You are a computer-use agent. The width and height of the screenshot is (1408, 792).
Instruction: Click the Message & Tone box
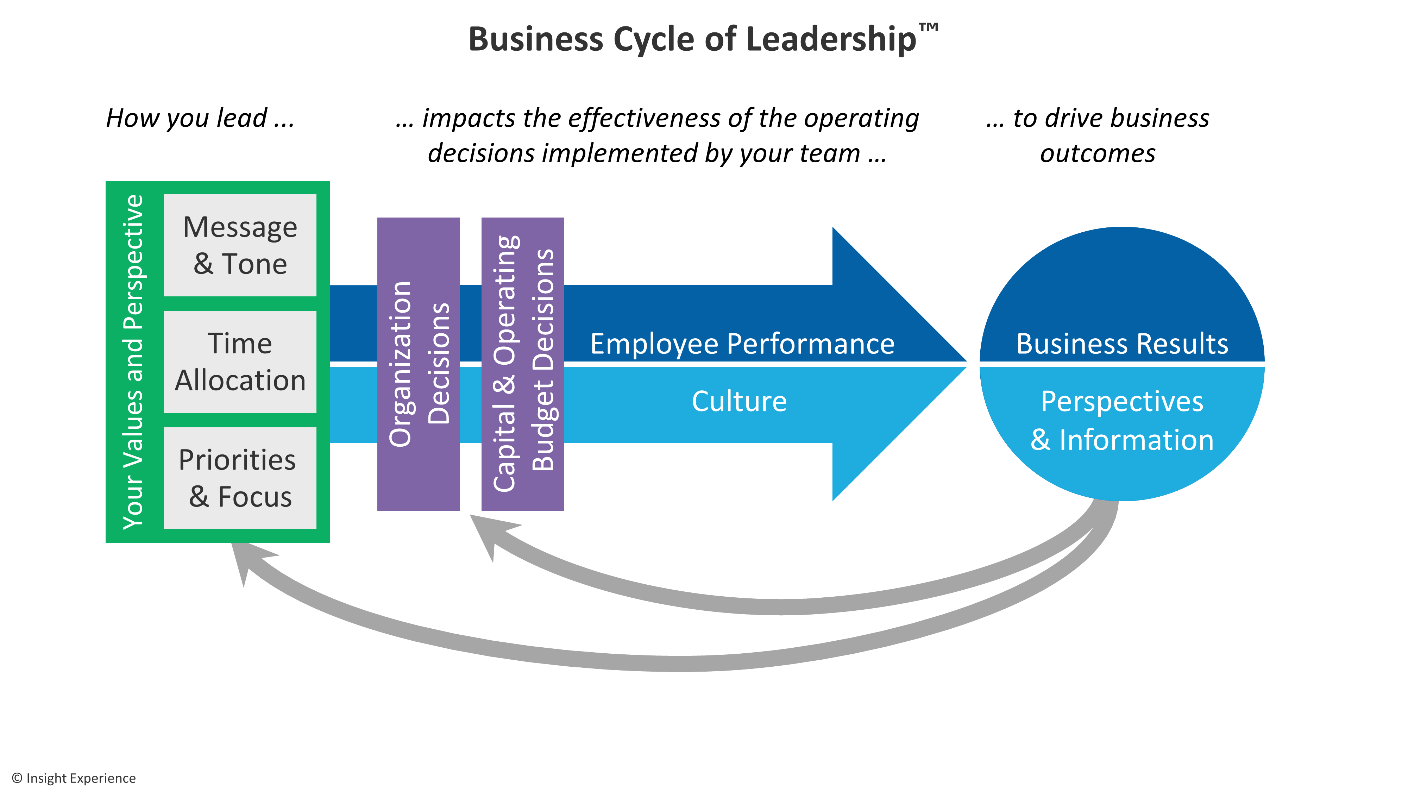240,245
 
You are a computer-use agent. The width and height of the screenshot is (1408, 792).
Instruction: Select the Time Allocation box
240,362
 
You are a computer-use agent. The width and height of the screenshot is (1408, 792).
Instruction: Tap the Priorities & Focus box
240,478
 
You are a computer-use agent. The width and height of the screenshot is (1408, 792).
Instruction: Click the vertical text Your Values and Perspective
133,362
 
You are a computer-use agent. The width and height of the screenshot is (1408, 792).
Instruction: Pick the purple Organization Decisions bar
418,364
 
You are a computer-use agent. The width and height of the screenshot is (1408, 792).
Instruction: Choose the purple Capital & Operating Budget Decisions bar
522,364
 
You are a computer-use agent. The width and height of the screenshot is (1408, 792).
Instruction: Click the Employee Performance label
742,344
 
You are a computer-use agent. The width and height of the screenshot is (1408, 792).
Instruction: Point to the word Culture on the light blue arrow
739,401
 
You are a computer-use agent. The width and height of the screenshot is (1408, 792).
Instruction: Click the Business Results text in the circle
1121,344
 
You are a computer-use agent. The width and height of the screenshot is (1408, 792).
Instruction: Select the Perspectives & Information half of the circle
1121,421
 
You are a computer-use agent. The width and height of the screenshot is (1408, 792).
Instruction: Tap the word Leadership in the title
831,39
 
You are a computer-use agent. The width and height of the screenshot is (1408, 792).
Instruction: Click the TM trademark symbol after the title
928,27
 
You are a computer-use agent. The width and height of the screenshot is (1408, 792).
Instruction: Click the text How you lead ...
200,118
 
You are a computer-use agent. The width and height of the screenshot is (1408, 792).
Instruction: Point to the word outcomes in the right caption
1098,153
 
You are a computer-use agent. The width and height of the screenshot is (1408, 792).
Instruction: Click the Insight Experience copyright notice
74,778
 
